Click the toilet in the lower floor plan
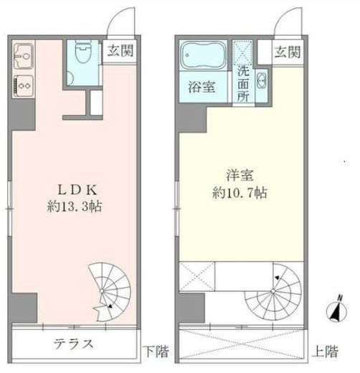(x=82, y=51)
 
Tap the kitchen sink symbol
(x=23, y=56)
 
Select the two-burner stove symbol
(x=23, y=85)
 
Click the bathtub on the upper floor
(x=202, y=55)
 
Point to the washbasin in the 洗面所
(x=262, y=81)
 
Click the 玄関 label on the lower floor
(x=120, y=51)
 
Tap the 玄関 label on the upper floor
(x=287, y=52)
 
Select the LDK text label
(x=77, y=190)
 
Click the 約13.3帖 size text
(x=75, y=207)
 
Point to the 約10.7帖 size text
(x=240, y=193)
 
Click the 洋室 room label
(x=240, y=175)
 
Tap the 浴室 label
(x=202, y=87)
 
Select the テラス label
(x=74, y=344)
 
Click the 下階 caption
(x=158, y=351)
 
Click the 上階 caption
(x=326, y=351)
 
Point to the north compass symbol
(x=336, y=309)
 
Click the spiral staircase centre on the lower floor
(x=102, y=291)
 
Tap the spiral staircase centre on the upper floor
(x=273, y=291)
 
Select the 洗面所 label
(x=243, y=84)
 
